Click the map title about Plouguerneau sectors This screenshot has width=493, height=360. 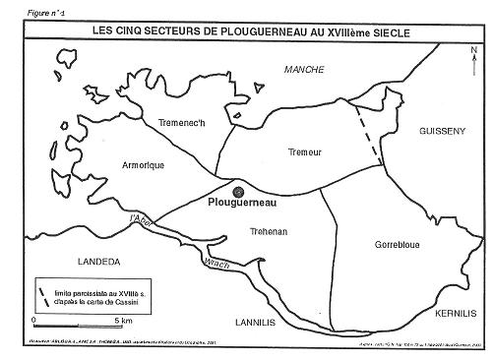[250, 30]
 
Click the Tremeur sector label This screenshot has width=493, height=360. [302, 152]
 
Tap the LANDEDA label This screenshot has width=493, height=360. [99, 262]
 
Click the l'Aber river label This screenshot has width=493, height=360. [141, 222]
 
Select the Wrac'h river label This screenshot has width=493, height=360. [217, 264]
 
